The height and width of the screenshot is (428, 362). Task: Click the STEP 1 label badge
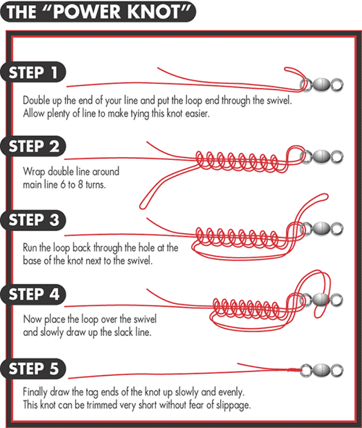[x=33, y=72]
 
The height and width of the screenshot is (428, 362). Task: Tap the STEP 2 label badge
[x=33, y=146]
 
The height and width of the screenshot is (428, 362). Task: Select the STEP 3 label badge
[x=33, y=220]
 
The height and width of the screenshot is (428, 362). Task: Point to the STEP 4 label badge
[x=33, y=294]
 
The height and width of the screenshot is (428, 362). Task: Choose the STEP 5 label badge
[x=33, y=369]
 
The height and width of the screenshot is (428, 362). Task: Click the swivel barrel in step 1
[x=321, y=85]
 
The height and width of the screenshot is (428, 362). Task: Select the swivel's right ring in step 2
[x=337, y=156]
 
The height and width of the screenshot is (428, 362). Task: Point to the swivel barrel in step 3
[x=321, y=229]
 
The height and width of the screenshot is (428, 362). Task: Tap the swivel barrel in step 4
[x=321, y=300]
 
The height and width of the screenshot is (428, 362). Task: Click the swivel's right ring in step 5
[x=337, y=370]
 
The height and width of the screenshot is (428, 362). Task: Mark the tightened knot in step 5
[x=295, y=370]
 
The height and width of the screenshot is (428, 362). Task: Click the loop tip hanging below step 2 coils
[x=142, y=206]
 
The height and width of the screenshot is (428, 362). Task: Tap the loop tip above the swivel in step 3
[x=324, y=196]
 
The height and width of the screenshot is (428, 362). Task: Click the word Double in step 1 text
[x=37, y=101]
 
